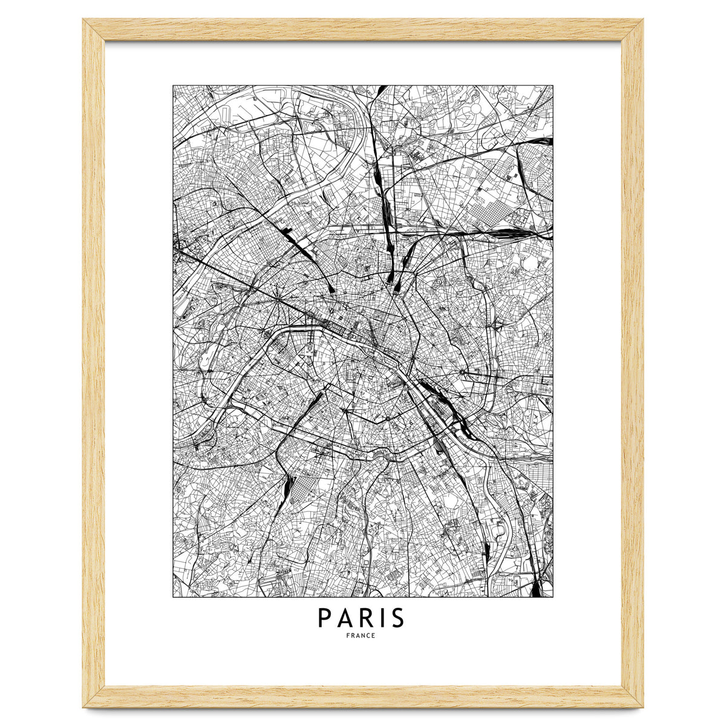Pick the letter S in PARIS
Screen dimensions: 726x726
[x=396, y=618]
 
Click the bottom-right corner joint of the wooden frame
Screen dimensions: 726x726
[x=632, y=696]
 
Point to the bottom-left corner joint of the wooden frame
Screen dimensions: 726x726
[x=94, y=696]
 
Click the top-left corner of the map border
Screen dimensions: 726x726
[x=173, y=85]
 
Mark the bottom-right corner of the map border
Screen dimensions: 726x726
[x=553, y=597]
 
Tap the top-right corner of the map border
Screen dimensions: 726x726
[x=553, y=85]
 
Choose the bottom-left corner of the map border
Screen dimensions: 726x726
[x=173, y=597]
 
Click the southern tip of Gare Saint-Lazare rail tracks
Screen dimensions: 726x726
[x=333, y=289]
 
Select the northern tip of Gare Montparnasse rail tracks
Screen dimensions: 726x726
[x=319, y=396]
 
